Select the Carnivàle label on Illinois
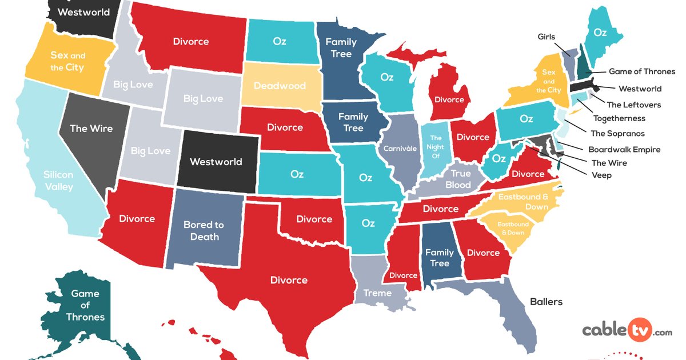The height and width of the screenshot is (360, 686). coord(400,148)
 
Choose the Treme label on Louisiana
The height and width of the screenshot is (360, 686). coord(377,293)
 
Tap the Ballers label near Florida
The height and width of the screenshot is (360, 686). coord(546,302)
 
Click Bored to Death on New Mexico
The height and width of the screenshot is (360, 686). coord(204,230)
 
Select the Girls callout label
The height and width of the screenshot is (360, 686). coord(547,37)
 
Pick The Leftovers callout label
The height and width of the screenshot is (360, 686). coord(633,105)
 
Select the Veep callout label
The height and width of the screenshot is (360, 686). coord(601,175)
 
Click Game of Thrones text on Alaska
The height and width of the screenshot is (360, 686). coord(85,305)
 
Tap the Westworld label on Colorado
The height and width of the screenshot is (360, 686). coord(216,162)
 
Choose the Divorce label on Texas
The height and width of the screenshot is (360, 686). coord(289,280)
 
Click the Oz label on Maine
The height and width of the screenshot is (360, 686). coord(600,33)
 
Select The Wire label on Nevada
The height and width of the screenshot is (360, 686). coord(91,129)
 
